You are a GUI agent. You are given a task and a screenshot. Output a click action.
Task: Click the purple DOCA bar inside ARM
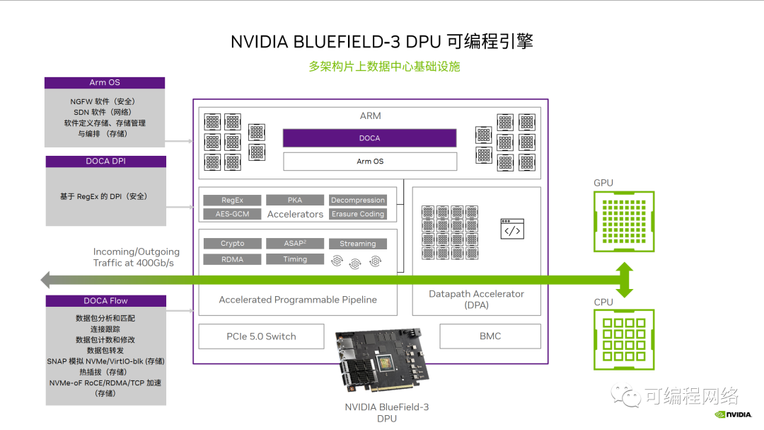pos(369,138)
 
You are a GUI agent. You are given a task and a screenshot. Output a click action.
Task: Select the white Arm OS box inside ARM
pos(369,162)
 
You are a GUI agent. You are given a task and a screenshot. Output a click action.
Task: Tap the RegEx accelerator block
pos(232,200)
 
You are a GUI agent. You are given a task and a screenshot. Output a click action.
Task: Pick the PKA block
pos(295,200)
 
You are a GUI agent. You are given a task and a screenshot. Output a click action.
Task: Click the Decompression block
pos(358,200)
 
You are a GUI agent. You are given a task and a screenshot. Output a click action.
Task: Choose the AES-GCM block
pos(232,214)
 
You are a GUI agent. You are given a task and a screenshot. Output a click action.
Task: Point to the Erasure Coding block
pos(358,214)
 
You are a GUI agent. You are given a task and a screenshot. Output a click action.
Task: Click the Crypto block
pos(232,244)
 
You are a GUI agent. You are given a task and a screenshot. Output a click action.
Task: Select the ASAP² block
pos(295,244)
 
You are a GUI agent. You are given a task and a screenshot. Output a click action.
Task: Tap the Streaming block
pos(358,244)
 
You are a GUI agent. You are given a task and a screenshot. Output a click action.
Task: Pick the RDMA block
pos(232,259)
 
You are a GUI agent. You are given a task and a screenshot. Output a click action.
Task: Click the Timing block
pos(295,259)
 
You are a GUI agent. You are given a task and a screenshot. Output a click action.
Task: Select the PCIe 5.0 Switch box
pos(261,336)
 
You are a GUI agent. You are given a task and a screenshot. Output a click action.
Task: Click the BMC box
pos(490,336)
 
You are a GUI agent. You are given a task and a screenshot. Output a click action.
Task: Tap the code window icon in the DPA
pos(512,229)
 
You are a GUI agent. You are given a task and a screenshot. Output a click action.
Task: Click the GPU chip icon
pos(624,221)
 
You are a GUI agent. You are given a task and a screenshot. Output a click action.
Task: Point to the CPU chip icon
pos(624,339)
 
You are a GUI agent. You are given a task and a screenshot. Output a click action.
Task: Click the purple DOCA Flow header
pos(105,301)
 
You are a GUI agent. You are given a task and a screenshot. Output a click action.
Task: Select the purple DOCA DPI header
pos(106,162)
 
